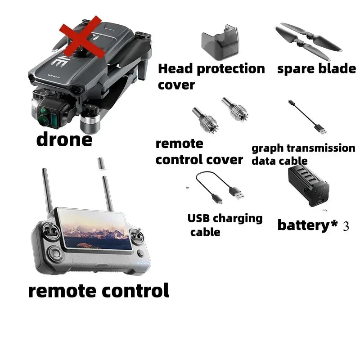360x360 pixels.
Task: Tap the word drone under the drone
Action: (64, 139)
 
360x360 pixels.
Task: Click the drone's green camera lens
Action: (42, 120)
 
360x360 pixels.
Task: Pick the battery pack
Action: (308, 186)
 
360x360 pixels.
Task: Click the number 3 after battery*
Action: (346, 226)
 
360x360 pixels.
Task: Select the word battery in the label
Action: (303, 225)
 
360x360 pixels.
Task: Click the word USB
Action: (198, 218)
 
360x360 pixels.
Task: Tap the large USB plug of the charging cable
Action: (237, 193)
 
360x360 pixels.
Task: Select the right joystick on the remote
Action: (137, 235)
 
